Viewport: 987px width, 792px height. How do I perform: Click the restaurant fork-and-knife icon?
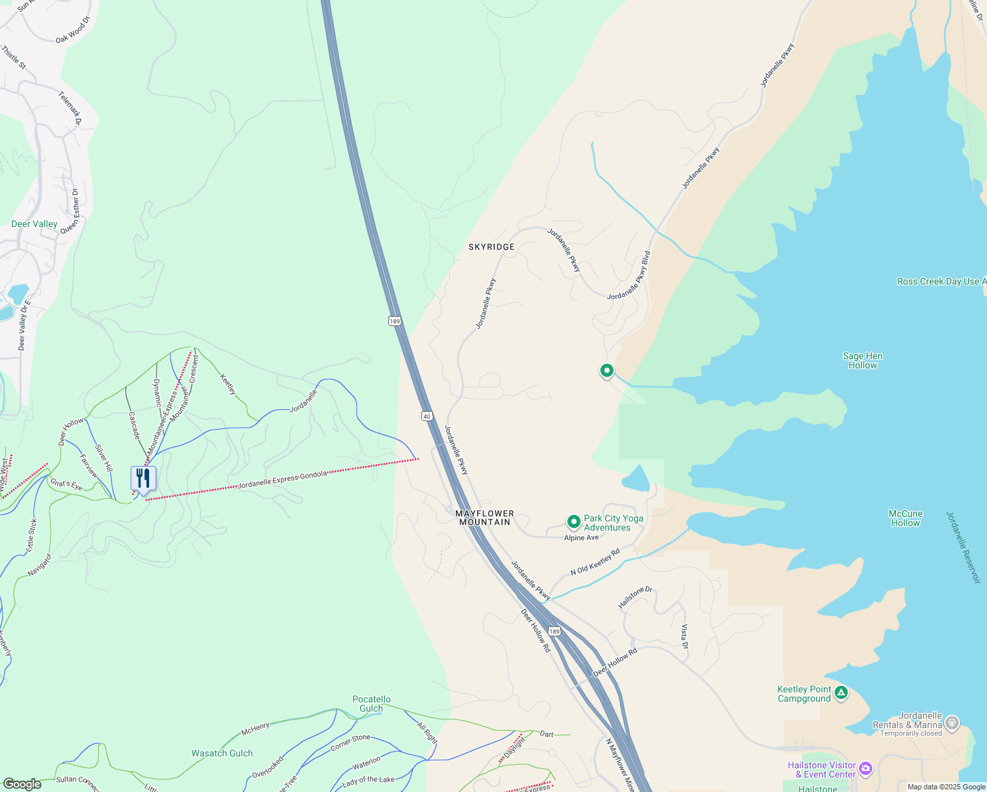[143, 478]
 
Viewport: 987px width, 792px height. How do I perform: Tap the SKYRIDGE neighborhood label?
[491, 247]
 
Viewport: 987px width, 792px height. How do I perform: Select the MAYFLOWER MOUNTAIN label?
[485, 517]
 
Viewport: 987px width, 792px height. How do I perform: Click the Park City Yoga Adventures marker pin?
[573, 522]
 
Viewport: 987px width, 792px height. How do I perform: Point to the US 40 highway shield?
[427, 416]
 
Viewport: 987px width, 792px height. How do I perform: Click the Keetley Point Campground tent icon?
[841, 693]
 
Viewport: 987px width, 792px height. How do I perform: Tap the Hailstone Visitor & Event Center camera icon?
[865, 769]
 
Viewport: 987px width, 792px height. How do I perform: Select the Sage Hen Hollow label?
[862, 360]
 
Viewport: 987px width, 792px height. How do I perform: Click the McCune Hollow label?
[905, 518]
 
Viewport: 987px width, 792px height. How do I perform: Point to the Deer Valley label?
[34, 224]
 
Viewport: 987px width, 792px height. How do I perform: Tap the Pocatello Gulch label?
[371, 704]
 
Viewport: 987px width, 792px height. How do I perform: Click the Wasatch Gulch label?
[222, 753]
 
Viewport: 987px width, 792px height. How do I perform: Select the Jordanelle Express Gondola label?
[282, 480]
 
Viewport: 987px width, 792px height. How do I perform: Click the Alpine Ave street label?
[581, 538]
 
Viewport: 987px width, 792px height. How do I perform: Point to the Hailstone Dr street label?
[635, 597]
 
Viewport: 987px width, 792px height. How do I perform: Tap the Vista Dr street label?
[684, 636]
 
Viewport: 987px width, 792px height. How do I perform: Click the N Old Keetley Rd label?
[595, 562]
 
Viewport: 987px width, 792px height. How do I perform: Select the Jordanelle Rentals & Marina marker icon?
[951, 723]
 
